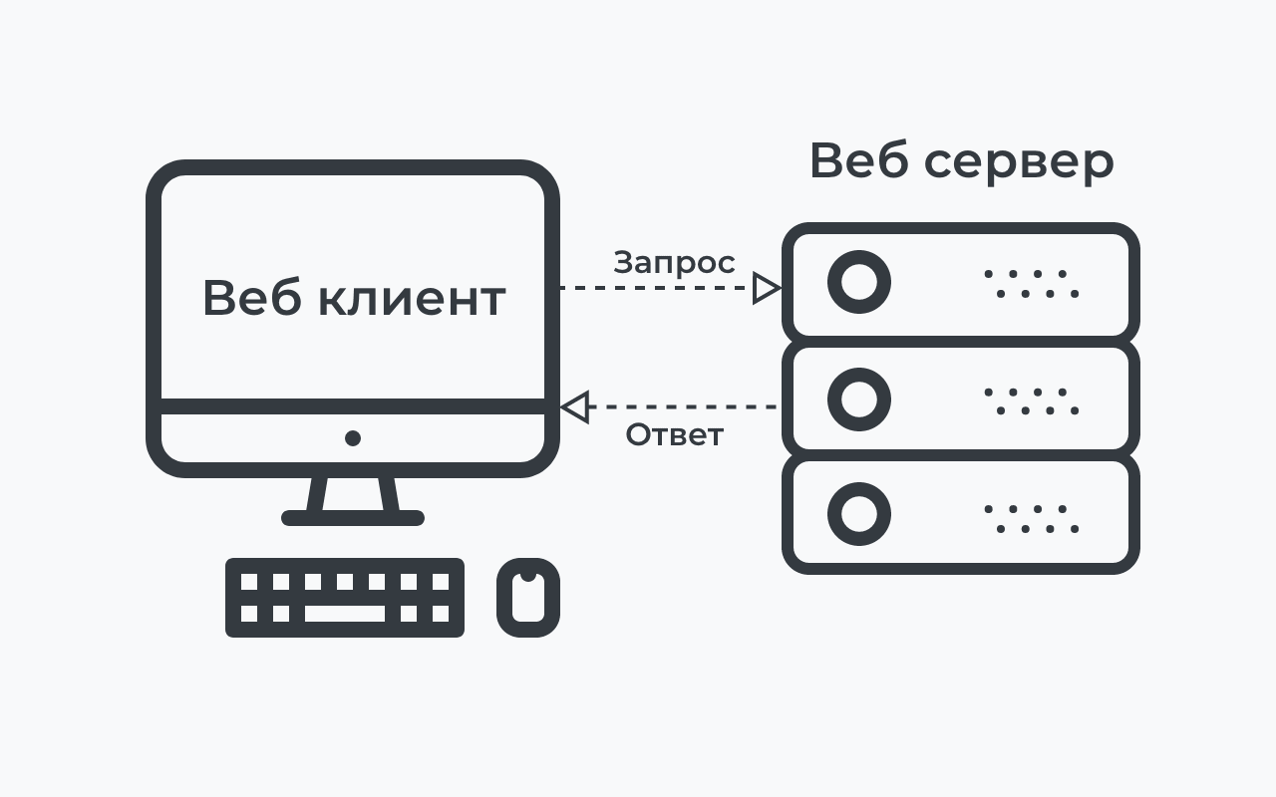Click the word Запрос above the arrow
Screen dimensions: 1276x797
click(x=674, y=263)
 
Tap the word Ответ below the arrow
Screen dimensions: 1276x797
click(x=674, y=435)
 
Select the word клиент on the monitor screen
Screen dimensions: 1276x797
click(x=411, y=298)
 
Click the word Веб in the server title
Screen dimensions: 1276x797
click(x=858, y=161)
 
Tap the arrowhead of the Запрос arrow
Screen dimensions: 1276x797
click(x=767, y=288)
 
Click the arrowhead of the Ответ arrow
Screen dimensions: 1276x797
click(x=573, y=406)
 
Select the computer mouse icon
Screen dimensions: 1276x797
click(x=528, y=598)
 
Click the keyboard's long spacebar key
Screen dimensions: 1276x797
click(x=344, y=614)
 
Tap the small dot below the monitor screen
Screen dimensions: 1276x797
click(x=353, y=438)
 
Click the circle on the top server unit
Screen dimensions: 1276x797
click(x=858, y=282)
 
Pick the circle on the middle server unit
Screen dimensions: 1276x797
click(x=858, y=399)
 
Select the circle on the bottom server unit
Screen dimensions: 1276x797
click(x=858, y=514)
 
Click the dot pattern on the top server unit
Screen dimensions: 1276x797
click(x=1032, y=284)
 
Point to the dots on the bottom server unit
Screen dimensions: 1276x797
click(x=1032, y=519)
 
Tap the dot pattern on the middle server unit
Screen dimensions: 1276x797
click(x=1032, y=401)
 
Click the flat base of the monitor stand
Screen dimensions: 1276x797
click(x=353, y=518)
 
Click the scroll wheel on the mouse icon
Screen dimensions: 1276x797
click(x=528, y=575)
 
